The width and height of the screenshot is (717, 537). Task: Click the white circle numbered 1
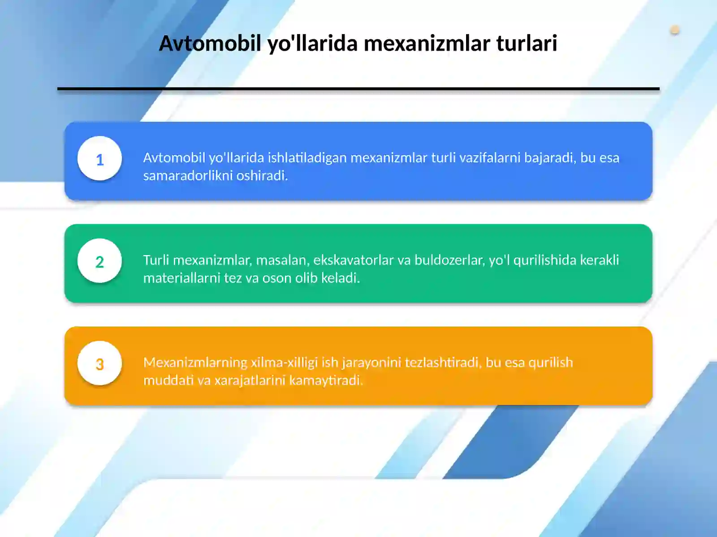tap(99, 159)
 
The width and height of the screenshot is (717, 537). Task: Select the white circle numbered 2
tap(99, 261)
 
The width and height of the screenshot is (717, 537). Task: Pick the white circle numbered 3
tap(99, 363)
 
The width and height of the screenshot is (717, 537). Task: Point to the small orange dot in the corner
tap(675, 30)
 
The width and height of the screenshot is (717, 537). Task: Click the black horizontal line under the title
tap(358, 89)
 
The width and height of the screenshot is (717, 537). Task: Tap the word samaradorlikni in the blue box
tap(188, 175)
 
